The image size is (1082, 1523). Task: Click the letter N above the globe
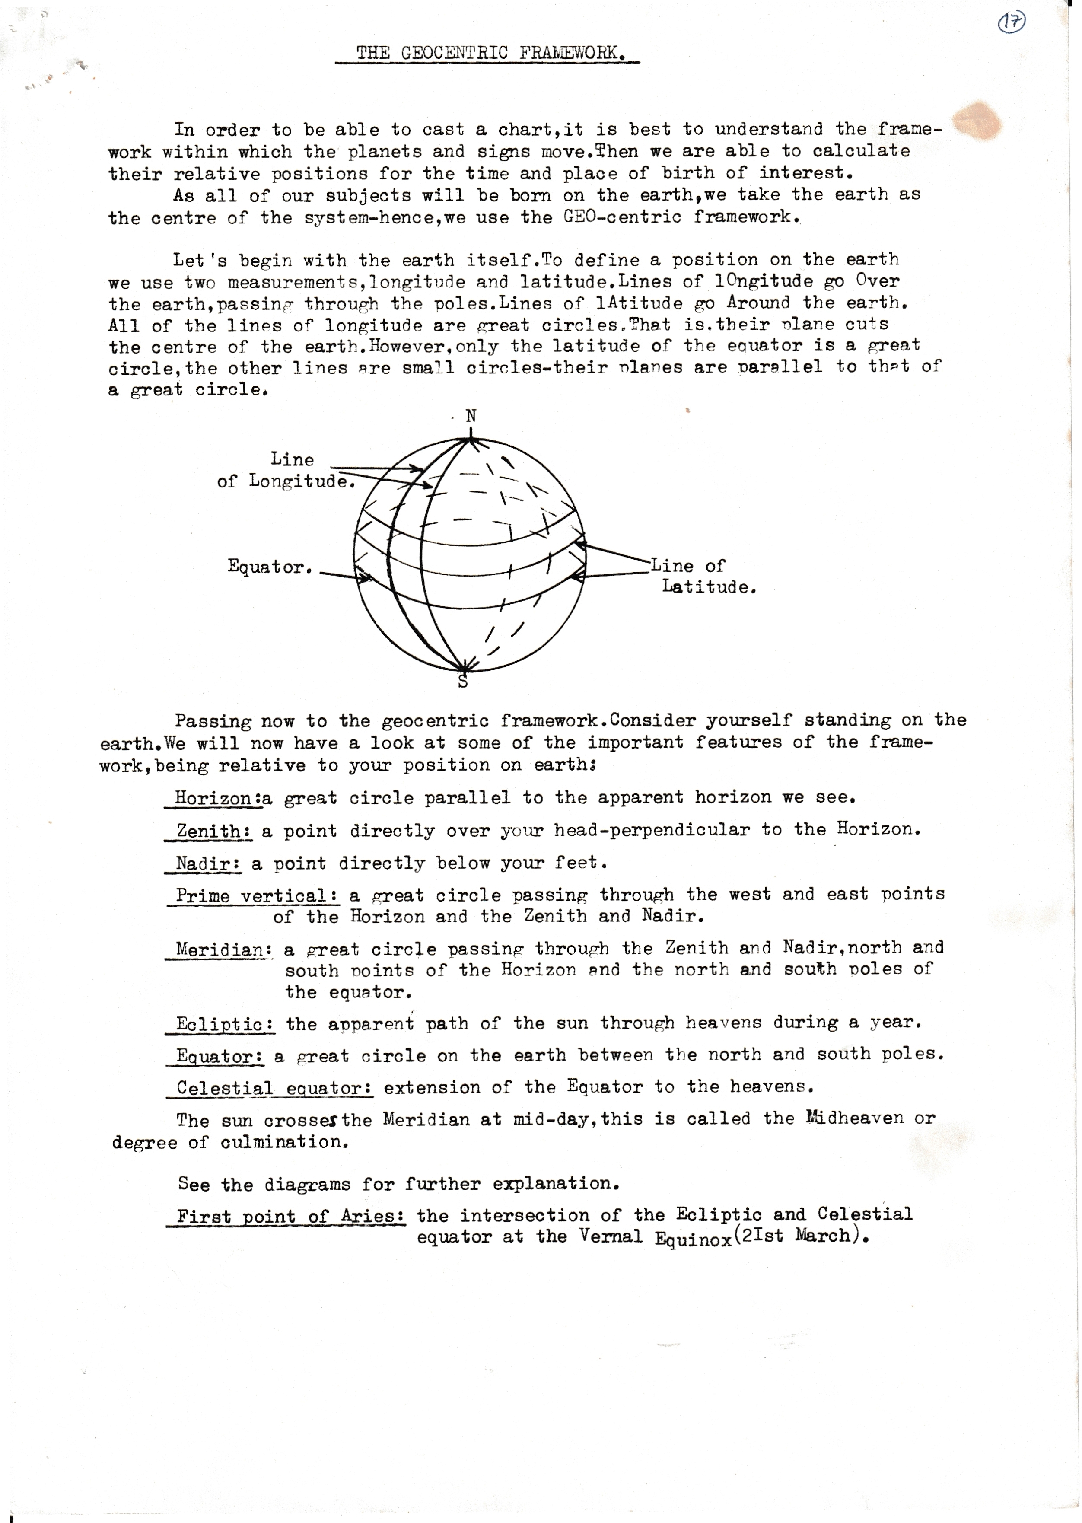(x=471, y=416)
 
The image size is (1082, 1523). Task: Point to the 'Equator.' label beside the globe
(x=270, y=567)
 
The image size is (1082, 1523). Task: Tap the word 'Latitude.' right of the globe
(x=709, y=588)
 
